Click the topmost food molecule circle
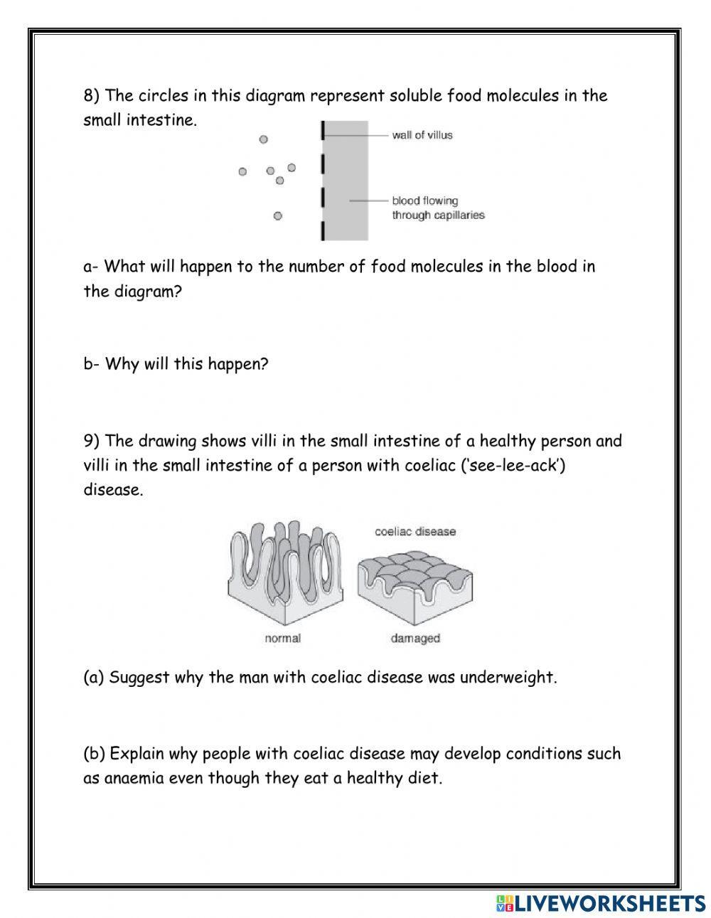[263, 140]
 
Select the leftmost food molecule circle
[242, 171]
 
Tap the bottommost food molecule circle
[277, 215]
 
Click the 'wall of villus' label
[422, 135]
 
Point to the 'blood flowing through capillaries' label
[437, 208]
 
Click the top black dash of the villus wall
[322, 130]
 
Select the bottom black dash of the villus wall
[322, 231]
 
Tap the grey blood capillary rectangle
[347, 181]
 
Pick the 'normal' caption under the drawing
[282, 639]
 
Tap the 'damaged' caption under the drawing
[415, 639]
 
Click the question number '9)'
[92, 441]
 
